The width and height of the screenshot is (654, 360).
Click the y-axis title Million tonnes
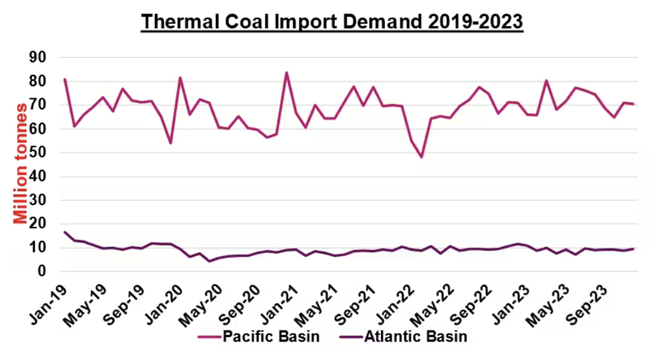(x=20, y=163)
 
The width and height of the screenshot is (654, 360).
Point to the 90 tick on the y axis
(x=41, y=57)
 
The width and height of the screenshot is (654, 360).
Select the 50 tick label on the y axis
(x=41, y=152)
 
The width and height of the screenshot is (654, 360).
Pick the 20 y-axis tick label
(x=41, y=224)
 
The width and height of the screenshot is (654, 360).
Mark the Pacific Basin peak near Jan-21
(x=286, y=72)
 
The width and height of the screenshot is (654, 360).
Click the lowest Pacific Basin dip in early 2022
(x=422, y=157)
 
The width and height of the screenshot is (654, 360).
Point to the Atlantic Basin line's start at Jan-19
(x=65, y=232)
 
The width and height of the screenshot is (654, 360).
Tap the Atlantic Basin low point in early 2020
(x=209, y=261)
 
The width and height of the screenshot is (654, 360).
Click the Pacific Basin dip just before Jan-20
(x=170, y=143)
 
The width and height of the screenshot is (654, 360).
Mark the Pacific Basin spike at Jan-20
(x=180, y=77)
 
